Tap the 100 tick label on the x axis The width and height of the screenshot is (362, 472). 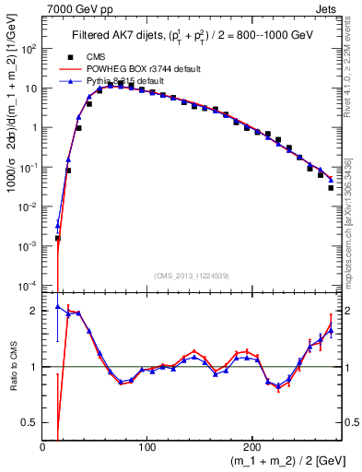click(146, 447)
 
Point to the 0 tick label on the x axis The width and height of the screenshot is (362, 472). click(42, 447)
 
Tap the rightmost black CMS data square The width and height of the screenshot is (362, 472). click(331, 187)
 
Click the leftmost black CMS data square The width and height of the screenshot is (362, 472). click(57, 238)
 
